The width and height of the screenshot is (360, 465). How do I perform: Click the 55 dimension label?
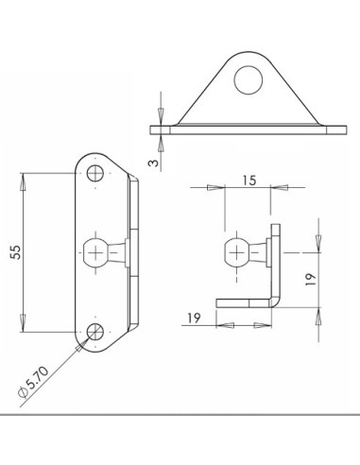click(16, 252)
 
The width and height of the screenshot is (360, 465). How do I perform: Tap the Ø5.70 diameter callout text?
click(34, 382)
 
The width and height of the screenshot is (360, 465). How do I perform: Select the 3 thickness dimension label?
click(153, 163)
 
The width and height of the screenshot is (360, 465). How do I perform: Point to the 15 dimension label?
click(249, 181)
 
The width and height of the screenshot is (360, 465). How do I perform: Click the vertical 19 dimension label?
click(311, 279)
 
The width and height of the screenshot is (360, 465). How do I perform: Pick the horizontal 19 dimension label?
click(194, 318)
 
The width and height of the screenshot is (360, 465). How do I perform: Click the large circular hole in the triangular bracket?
click(249, 80)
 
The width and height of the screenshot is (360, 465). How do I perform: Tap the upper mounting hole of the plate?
click(95, 173)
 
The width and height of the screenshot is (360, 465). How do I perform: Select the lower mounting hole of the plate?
click(95, 332)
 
